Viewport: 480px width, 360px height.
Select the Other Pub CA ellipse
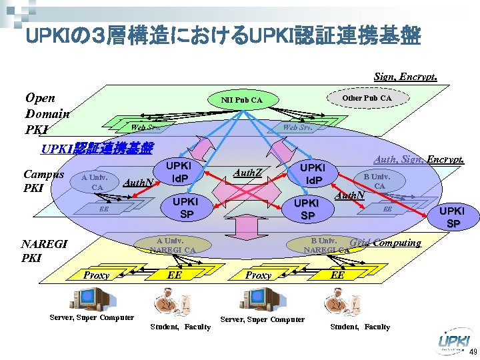[367, 98]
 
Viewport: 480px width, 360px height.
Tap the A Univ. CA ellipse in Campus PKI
[97, 182]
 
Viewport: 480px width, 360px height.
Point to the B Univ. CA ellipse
[377, 181]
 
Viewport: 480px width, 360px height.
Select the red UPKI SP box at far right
[453, 215]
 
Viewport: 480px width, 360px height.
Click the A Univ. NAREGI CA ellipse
[172, 245]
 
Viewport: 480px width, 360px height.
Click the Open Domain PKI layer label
[46, 113]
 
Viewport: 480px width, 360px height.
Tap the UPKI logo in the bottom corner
[454, 342]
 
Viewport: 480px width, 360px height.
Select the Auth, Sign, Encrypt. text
[418, 160]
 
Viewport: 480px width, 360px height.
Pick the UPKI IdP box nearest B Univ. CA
[311, 174]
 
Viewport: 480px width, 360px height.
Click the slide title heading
[223, 36]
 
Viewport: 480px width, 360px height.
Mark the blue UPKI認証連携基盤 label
[97, 148]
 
